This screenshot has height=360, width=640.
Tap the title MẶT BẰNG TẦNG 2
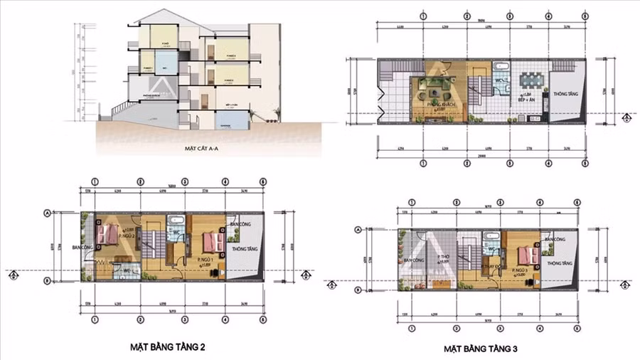(169, 347)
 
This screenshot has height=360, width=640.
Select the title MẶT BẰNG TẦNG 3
(481, 349)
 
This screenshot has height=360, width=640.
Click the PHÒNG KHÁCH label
(441, 104)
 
